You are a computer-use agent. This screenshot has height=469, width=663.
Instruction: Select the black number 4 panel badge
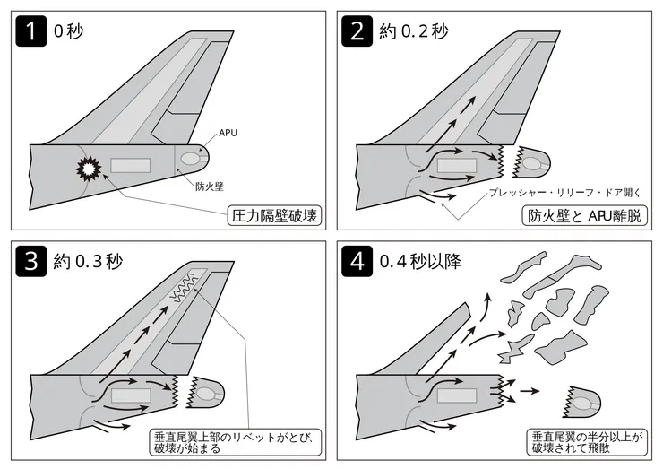click(x=357, y=262)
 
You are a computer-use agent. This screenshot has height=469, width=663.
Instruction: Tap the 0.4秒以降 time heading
click(x=428, y=263)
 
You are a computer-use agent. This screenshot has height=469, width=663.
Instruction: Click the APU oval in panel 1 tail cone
click(x=192, y=161)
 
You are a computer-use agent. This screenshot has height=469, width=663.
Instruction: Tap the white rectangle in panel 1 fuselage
click(x=130, y=166)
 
